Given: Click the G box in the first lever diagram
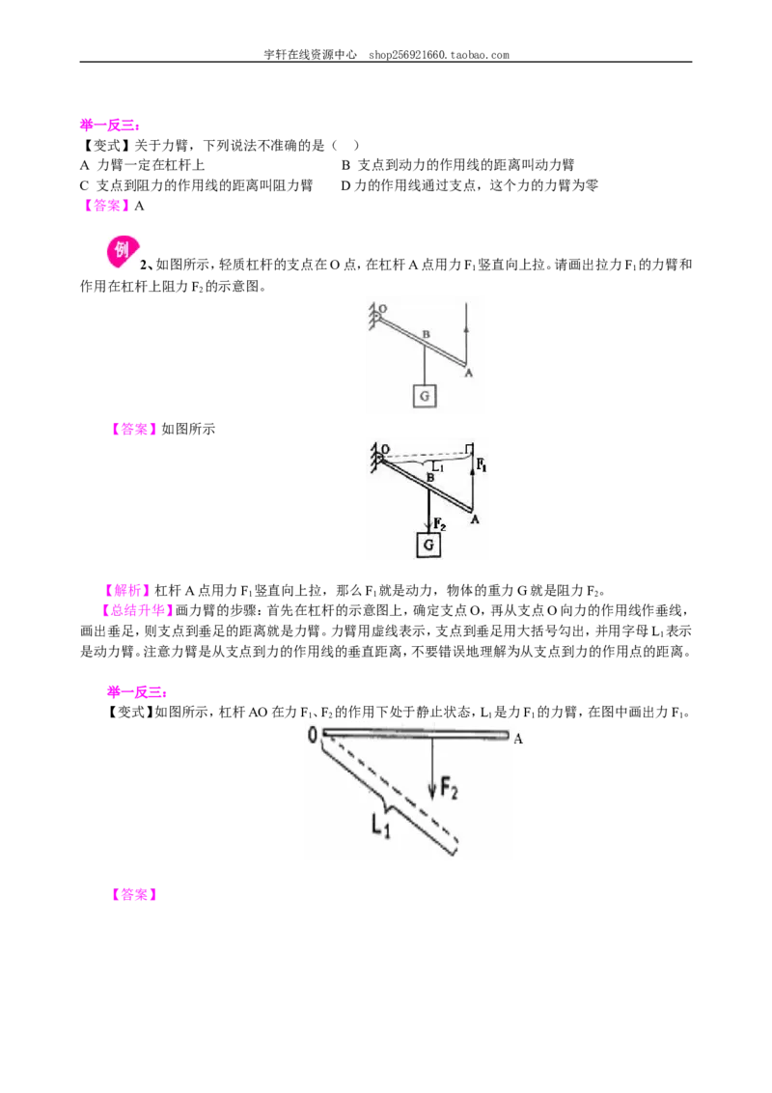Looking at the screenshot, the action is (x=425, y=396).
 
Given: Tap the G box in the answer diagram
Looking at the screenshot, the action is (x=428, y=545).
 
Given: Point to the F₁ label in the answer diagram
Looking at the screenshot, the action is (x=482, y=464).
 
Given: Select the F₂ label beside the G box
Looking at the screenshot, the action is (x=439, y=522).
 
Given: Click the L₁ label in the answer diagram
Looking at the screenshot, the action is (x=437, y=465).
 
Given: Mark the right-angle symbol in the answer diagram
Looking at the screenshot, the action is (x=470, y=447).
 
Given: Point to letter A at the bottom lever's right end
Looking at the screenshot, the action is (x=517, y=739).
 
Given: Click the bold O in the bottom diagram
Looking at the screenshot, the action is (x=313, y=734).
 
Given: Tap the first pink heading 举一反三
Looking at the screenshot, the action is (x=109, y=126).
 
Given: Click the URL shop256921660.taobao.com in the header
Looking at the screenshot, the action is (x=439, y=55).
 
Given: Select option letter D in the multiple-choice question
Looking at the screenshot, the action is (x=345, y=185).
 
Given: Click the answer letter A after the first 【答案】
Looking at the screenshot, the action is (x=139, y=206).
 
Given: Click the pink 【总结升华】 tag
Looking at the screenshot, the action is (x=137, y=610).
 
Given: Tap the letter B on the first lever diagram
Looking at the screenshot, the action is (x=427, y=335).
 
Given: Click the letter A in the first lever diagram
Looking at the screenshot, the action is (x=468, y=373).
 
